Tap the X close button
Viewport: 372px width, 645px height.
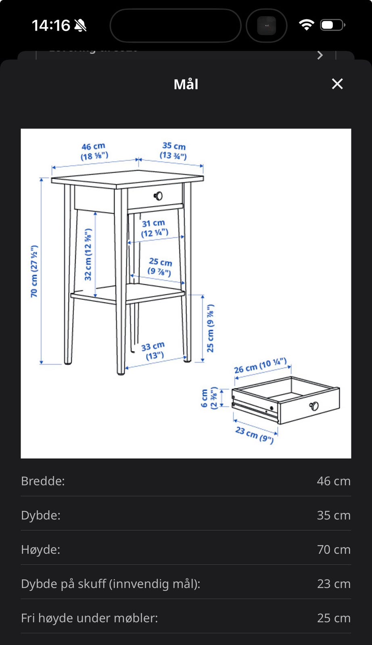337,84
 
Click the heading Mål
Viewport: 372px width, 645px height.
186,84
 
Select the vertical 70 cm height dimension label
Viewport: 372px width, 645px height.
34,271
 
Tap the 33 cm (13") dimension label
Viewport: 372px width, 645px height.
154,350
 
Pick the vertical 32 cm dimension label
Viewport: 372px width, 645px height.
88,254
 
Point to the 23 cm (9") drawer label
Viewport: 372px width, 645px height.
255,435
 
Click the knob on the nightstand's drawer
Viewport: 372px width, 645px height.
158,196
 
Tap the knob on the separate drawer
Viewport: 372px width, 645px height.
314,406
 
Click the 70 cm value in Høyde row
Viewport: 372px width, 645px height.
333,549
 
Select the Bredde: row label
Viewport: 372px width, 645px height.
43,481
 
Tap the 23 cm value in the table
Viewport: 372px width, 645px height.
333,584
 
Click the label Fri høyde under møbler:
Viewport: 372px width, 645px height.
89,618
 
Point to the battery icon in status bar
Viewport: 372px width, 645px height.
332,25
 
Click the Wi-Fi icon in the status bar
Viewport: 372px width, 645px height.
306,25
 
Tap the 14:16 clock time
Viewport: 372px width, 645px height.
51,26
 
